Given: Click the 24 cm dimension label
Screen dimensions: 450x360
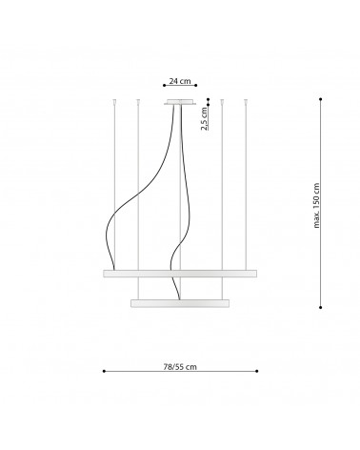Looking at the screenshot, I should coord(180,81).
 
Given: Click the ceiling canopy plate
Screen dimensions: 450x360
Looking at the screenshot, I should coord(179,101).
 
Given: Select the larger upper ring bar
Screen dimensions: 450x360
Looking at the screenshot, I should coord(179,274).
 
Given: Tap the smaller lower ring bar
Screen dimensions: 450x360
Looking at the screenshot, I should coord(179,303).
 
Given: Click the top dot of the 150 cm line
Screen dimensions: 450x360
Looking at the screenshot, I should coord(320,98).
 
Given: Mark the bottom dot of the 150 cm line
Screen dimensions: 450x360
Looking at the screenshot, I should coord(320,306).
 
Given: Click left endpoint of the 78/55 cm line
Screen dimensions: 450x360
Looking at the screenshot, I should coord(103,370).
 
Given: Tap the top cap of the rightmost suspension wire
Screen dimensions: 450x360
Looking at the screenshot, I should coord(246,99).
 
